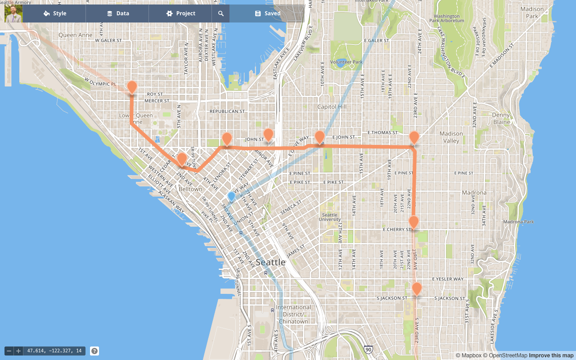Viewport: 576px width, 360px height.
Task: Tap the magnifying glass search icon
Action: point(221,13)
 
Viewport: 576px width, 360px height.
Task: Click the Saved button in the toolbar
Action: point(267,13)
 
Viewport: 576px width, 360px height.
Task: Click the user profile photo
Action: point(13,13)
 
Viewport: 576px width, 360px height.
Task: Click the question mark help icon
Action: point(94,351)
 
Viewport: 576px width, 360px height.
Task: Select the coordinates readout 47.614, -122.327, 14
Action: point(54,351)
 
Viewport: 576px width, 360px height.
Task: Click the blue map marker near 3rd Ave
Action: point(231,196)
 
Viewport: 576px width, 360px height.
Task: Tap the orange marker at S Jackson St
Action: point(417,288)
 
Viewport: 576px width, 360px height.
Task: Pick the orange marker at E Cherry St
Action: point(414,222)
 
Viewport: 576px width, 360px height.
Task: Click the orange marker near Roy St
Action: point(132,87)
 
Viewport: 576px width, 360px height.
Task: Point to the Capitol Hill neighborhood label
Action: point(332,107)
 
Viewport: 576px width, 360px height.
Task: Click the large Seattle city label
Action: point(270,262)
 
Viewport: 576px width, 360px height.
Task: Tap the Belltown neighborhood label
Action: point(190,189)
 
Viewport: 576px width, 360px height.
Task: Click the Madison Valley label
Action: point(451,137)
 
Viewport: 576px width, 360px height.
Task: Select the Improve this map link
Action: point(551,355)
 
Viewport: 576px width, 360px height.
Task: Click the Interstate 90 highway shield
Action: point(369,350)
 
